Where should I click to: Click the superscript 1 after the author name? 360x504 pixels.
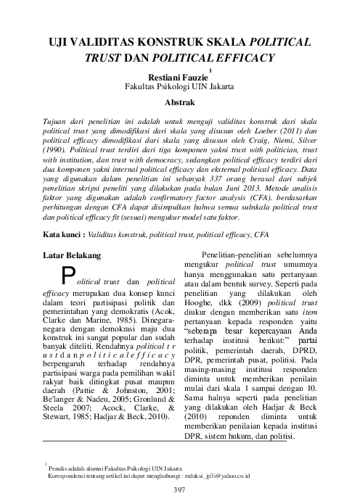point(210,70)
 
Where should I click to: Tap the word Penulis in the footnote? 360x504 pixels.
point(60,469)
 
